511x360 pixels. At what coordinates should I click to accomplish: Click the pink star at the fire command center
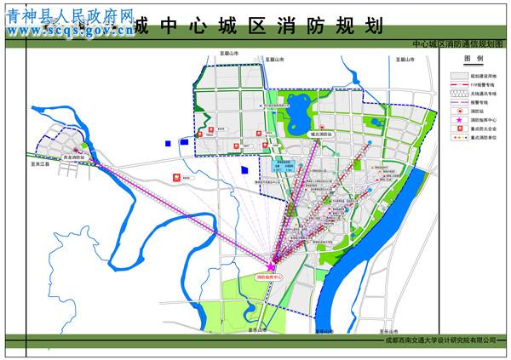tap(272, 267)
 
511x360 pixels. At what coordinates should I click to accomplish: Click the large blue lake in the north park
tap(298, 115)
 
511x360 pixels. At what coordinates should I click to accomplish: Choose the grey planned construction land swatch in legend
tap(459, 77)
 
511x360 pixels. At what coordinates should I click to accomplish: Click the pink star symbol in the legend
tap(458, 120)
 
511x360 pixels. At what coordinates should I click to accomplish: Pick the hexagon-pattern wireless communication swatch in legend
tap(459, 94)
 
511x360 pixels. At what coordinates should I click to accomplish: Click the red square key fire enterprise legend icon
tap(458, 129)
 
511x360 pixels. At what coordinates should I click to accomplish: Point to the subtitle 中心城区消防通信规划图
tap(457, 42)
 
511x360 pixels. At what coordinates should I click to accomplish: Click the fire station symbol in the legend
tap(458, 111)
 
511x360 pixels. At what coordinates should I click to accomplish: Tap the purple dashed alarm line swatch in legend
tap(459, 103)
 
